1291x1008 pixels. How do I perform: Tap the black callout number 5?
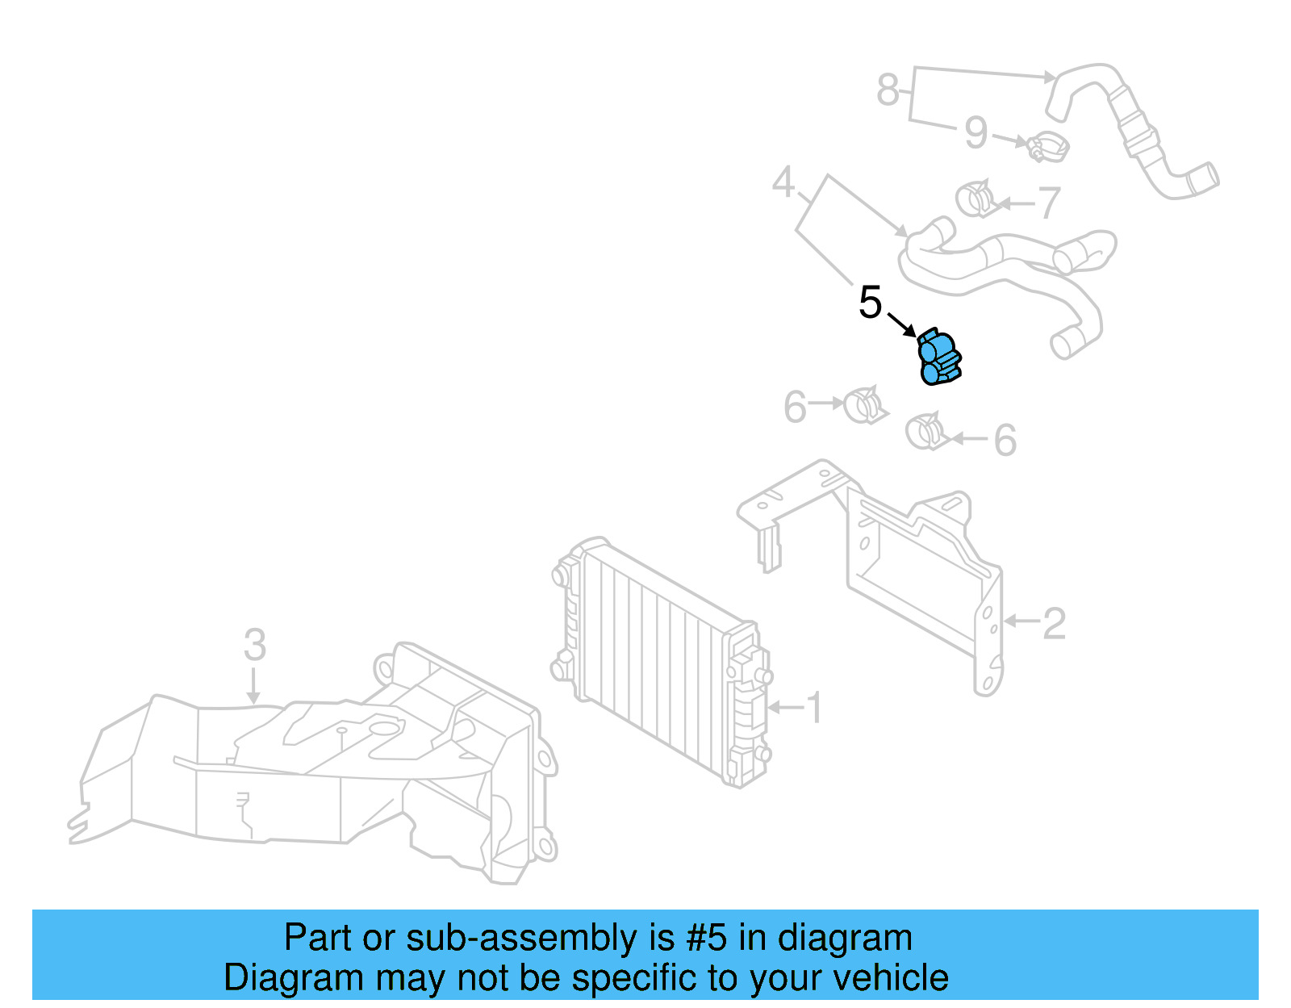[x=870, y=303]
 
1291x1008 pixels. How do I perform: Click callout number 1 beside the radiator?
[x=815, y=708]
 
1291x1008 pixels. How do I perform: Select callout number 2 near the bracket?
[x=1054, y=623]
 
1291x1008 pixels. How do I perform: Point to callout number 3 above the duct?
[x=254, y=645]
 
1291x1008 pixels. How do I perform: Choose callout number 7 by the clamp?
[x=1047, y=203]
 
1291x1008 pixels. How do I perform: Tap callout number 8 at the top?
[x=888, y=89]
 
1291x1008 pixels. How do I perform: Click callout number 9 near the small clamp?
[x=976, y=132]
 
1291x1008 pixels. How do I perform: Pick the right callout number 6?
[x=1005, y=441]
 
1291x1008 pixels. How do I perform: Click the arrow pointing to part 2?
[x=1021, y=621]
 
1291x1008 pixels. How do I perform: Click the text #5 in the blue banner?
[x=705, y=938]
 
